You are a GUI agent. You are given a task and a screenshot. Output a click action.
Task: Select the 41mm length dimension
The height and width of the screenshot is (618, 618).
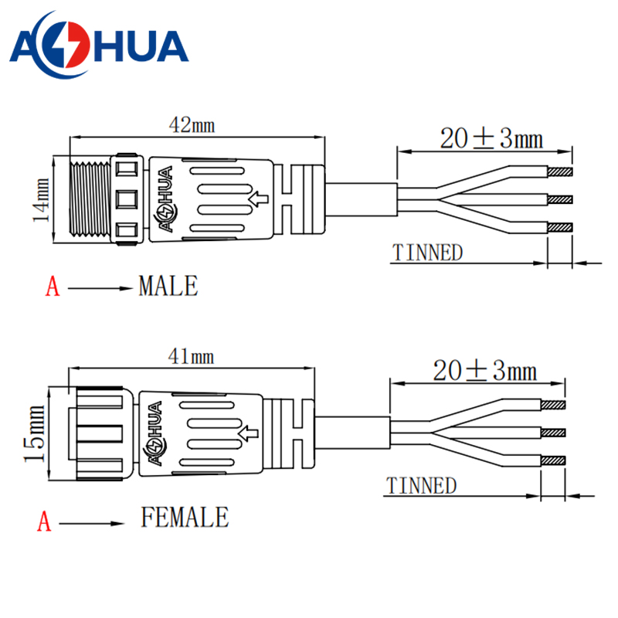(x=191, y=356)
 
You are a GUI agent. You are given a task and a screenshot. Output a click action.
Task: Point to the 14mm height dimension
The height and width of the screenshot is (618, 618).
(x=41, y=200)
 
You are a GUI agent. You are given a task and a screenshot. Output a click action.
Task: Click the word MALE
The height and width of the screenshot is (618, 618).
(x=168, y=287)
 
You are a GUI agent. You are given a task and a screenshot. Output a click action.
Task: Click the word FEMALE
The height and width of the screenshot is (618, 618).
(x=185, y=517)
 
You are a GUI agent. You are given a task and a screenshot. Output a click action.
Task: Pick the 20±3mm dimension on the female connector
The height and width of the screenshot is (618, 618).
(x=484, y=371)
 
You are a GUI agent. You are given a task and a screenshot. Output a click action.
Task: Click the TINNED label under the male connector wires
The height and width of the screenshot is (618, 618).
(x=427, y=253)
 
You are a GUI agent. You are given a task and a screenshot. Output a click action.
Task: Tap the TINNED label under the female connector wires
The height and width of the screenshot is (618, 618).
(x=421, y=486)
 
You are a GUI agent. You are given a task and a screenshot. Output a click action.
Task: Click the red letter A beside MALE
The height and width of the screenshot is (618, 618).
(x=52, y=287)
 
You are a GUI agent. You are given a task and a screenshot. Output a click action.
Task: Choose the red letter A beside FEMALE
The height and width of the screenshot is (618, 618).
(x=45, y=522)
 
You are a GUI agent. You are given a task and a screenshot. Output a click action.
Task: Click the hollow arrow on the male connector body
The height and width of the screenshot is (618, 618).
(x=260, y=201)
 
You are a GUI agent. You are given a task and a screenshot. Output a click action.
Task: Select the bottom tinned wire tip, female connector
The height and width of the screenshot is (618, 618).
(x=553, y=460)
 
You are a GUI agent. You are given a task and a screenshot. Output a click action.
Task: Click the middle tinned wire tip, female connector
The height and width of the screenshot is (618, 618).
(x=553, y=433)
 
